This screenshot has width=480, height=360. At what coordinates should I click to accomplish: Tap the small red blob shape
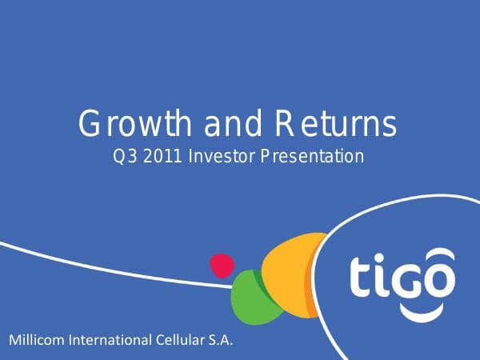[x=222, y=265]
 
